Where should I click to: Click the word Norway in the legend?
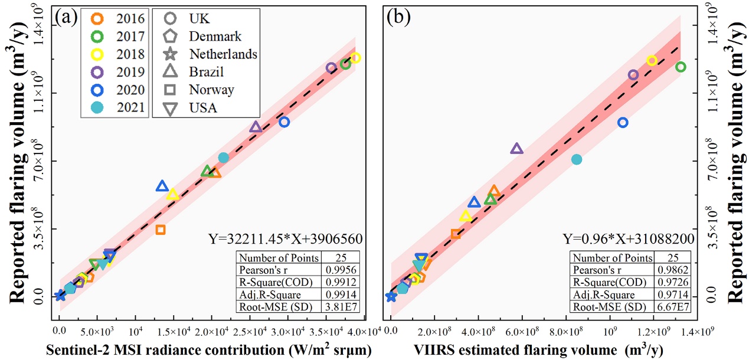pyautogui.click(x=211, y=90)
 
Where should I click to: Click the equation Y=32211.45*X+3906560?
pyautogui.click(x=285, y=238)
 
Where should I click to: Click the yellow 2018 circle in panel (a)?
pyautogui.click(x=355, y=58)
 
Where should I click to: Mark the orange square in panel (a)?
pyautogui.click(x=160, y=230)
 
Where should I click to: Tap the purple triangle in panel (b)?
pyautogui.click(x=516, y=149)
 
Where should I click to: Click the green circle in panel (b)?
pyautogui.click(x=681, y=67)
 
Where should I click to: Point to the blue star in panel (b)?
pyautogui.click(x=391, y=296)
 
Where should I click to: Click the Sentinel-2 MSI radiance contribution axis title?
pyautogui.click(x=208, y=350)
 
